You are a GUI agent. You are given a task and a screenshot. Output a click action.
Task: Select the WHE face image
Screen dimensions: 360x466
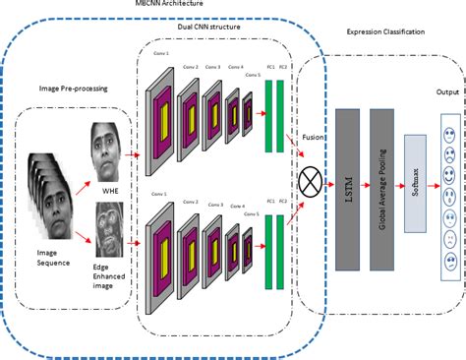pyautogui.click(x=107, y=145)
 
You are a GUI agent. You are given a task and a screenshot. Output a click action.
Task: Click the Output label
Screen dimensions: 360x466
pyautogui.click(x=447, y=93)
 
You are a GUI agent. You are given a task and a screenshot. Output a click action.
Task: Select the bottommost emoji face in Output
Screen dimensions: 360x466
pyautogui.click(x=447, y=262)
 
